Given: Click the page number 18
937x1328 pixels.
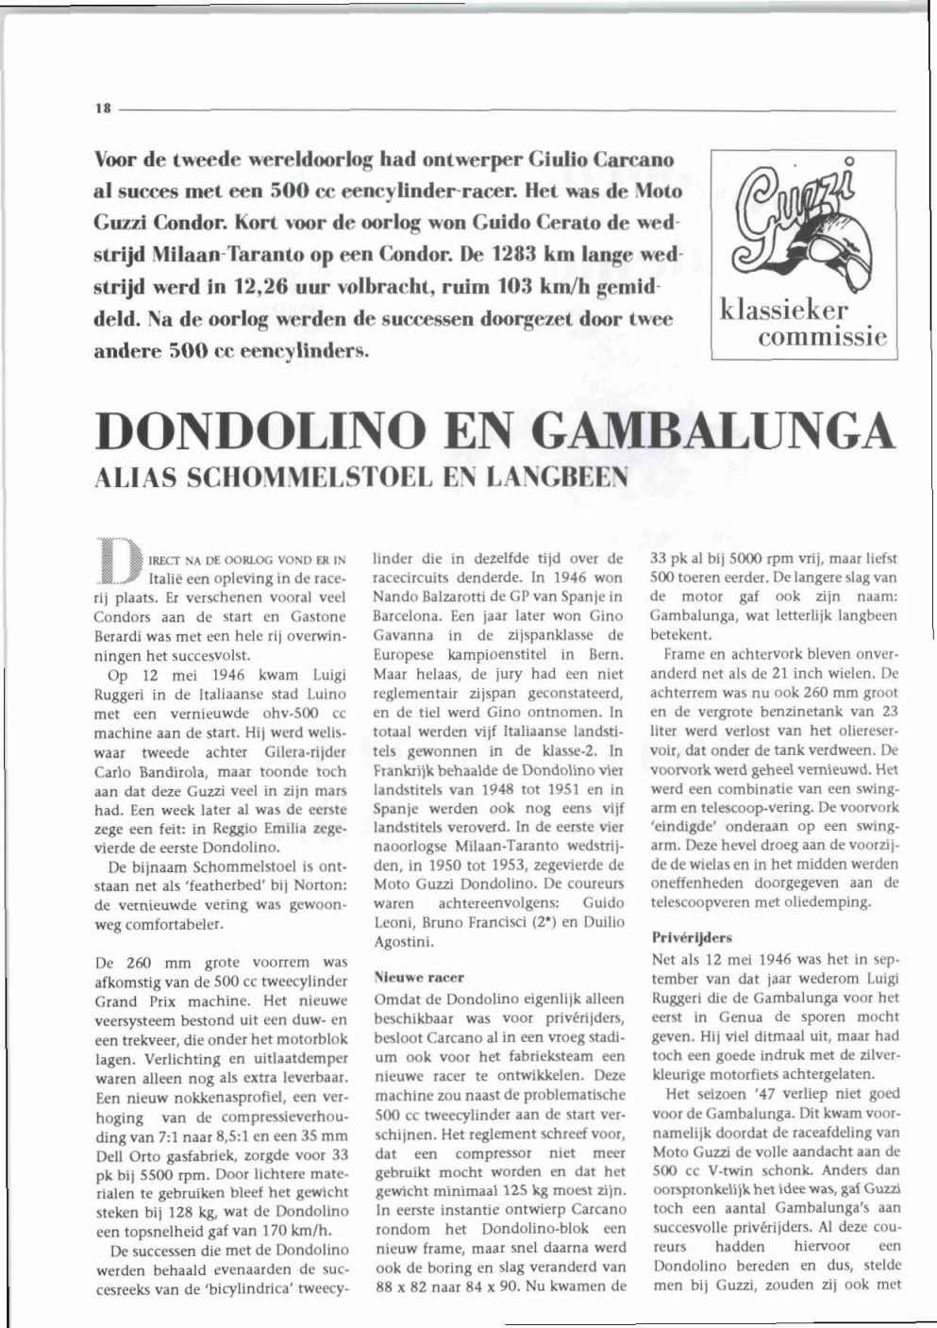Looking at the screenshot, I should pyautogui.click(x=103, y=109).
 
